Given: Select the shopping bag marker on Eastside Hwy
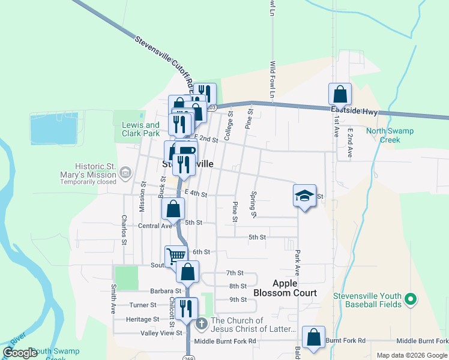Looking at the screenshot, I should [340, 95].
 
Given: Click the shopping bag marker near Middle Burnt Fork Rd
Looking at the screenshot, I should [313, 338].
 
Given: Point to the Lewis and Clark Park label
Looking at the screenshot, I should [141, 129].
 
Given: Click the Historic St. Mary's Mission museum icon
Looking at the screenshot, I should [125, 173].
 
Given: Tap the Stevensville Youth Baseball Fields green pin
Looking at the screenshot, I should [411, 298].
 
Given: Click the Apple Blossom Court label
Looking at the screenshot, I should [285, 288].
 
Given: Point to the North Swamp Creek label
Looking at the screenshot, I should [383, 135].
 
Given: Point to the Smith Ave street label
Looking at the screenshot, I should [112, 299].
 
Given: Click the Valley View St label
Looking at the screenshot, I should [161, 333].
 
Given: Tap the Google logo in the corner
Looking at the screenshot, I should [20, 353].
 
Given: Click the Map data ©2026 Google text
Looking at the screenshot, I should [411, 355].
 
